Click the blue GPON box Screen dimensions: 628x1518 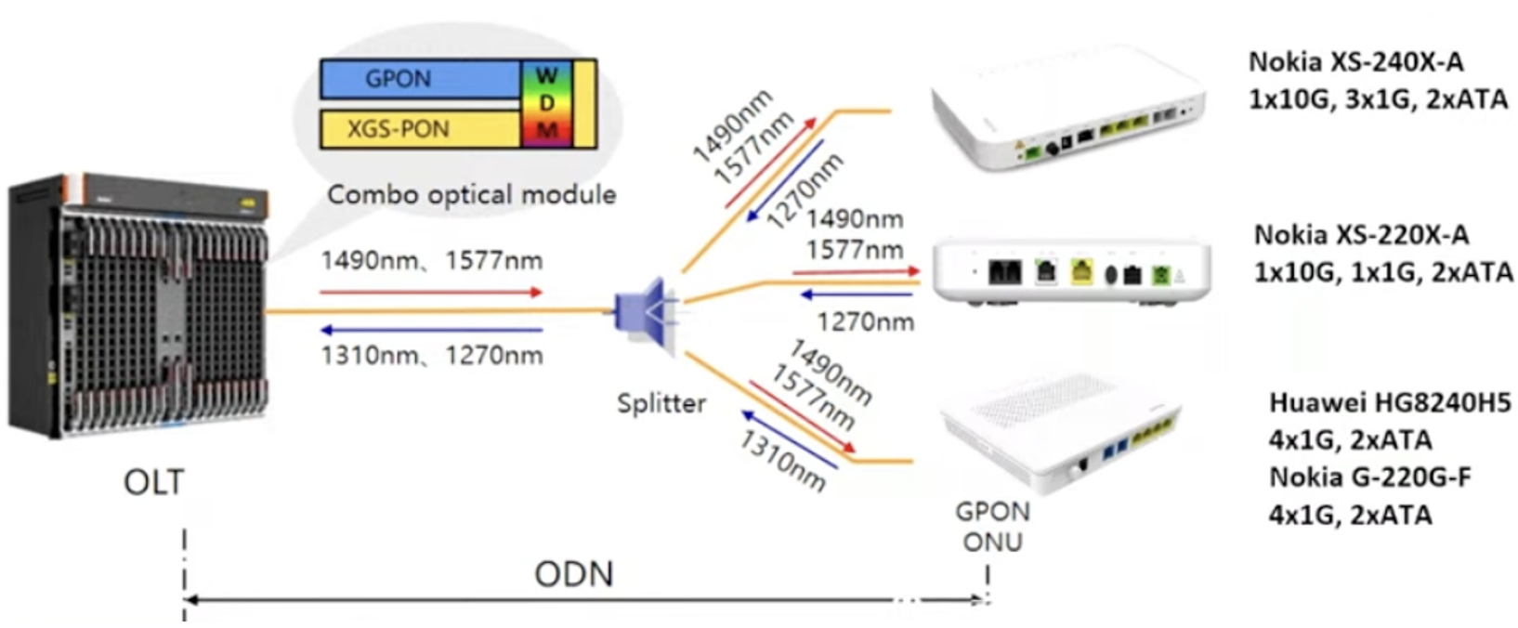tap(419, 79)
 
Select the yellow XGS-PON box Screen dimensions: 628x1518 tap(419, 129)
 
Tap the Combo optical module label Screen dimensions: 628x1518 tap(471, 194)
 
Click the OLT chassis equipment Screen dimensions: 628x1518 tap(138, 306)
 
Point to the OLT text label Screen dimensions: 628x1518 tap(153, 482)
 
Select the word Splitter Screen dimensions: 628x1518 tap(661, 403)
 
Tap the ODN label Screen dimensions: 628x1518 tap(573, 574)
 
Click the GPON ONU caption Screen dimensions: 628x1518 tap(992, 526)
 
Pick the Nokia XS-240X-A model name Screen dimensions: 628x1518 tap(1355, 62)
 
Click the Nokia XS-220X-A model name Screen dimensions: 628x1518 tap(1361, 235)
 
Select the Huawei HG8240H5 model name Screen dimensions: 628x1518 tap(1390, 402)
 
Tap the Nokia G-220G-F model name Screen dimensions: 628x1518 tap(1370, 477)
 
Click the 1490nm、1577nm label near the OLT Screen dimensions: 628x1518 tap(431, 261)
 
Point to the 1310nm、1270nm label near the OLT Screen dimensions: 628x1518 tap(431, 356)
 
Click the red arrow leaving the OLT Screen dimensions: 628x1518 tap(431, 292)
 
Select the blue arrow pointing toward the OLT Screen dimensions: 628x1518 tap(431, 330)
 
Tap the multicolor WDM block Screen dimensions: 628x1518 tap(547, 103)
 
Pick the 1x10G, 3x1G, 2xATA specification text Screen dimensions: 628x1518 tap(1378, 98)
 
